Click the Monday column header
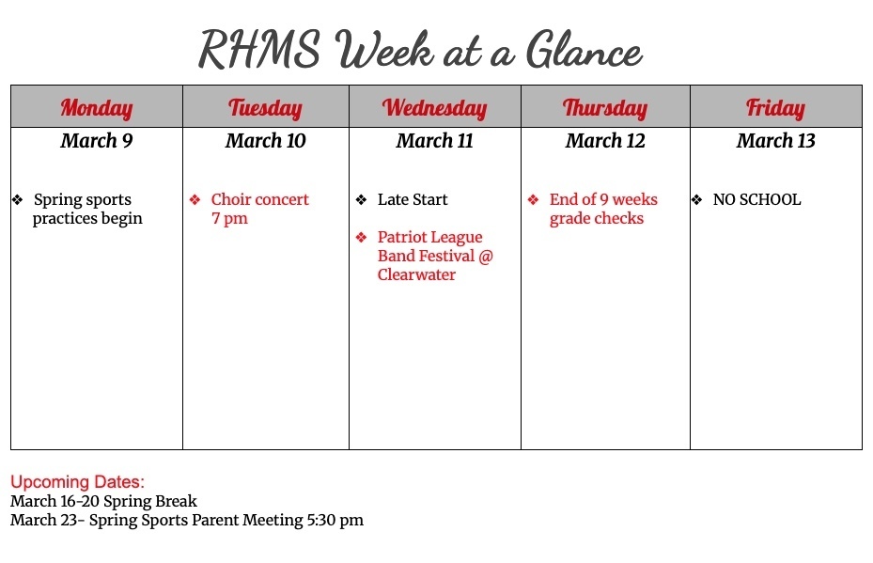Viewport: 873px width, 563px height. (x=97, y=107)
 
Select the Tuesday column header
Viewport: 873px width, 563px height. (x=265, y=107)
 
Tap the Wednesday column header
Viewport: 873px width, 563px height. (x=434, y=107)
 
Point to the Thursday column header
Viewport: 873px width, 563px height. (x=605, y=107)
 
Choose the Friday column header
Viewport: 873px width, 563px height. (x=775, y=107)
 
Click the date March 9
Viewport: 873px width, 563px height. (x=97, y=141)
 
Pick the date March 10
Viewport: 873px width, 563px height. (x=265, y=141)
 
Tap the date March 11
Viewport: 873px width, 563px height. (x=434, y=141)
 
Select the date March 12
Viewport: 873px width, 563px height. (x=605, y=141)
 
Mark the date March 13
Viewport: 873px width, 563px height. (x=775, y=141)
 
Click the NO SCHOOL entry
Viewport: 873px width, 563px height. (x=756, y=199)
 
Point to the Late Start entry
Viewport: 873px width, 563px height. (x=413, y=199)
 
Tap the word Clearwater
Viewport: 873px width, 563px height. (x=416, y=275)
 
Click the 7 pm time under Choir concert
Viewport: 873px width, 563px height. (x=229, y=219)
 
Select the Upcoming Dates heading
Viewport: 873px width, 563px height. (x=78, y=482)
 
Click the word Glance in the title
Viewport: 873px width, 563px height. (x=584, y=50)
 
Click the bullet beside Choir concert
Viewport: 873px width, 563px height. (x=195, y=199)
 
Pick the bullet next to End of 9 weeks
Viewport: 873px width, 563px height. (x=533, y=199)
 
